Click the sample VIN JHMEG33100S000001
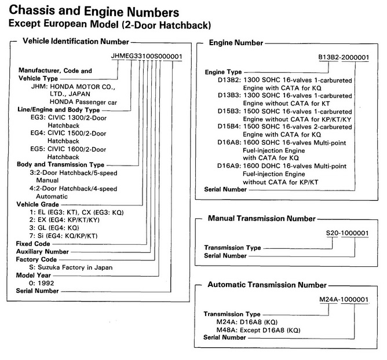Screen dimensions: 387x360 point(147,56)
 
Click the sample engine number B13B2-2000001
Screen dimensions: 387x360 point(344,57)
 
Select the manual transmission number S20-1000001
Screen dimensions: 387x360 point(347,233)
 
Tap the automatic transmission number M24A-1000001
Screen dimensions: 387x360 point(344,299)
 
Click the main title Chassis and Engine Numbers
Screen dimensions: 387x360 point(94,11)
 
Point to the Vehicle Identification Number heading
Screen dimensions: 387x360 point(76,41)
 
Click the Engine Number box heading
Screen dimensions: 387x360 point(236,43)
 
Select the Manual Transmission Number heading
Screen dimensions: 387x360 point(262,218)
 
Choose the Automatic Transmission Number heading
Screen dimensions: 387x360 point(267,285)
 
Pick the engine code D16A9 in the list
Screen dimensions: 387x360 point(228,166)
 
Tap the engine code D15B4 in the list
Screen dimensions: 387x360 point(229,127)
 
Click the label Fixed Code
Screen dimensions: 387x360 point(33,244)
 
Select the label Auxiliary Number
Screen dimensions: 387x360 point(42,252)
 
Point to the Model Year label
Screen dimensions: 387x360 point(34,275)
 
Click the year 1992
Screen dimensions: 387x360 point(46,283)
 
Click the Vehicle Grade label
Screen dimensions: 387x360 point(38,204)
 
